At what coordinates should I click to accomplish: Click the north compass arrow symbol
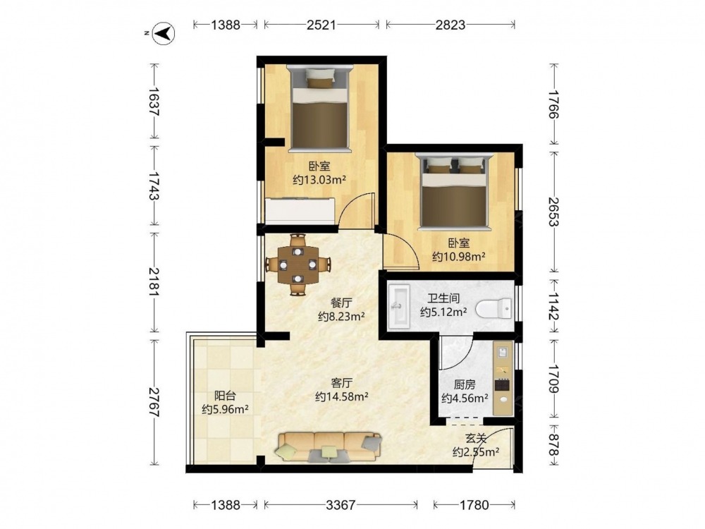[164, 33]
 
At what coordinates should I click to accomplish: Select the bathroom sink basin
[398, 305]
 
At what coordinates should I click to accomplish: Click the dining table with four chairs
[298, 264]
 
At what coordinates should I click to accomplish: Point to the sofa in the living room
[329, 446]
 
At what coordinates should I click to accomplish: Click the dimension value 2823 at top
[450, 25]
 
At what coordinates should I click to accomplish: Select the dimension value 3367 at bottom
[341, 505]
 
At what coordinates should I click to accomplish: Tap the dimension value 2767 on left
[154, 402]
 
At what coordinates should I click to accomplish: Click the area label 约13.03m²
[319, 181]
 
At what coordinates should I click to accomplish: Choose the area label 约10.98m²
[459, 257]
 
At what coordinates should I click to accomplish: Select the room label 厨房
[465, 384]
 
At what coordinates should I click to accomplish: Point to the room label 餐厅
[341, 303]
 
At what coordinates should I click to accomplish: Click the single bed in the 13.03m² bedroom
[319, 107]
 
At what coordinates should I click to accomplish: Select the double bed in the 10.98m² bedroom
[454, 190]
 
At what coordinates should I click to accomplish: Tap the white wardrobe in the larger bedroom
[300, 210]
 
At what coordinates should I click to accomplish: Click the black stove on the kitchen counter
[502, 386]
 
